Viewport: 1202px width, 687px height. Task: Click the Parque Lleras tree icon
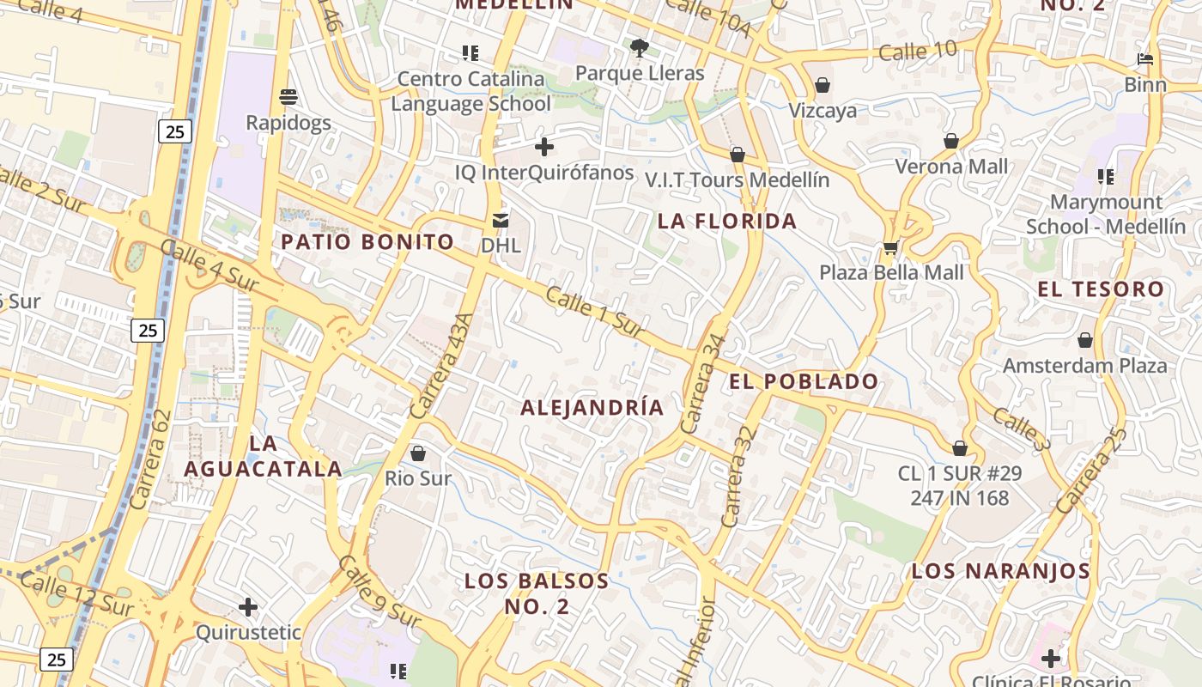(638, 47)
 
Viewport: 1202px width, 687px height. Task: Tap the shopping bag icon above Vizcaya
(823, 85)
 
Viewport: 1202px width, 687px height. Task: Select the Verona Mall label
(951, 166)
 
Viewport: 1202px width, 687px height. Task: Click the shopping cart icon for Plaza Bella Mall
(890, 248)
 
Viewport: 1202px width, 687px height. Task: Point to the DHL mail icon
(500, 221)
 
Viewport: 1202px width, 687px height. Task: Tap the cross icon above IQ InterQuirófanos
(543, 147)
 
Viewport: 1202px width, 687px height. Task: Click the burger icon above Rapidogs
(288, 96)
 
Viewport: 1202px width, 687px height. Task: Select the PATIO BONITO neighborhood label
(367, 241)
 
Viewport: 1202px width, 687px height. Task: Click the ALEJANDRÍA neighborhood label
(592, 407)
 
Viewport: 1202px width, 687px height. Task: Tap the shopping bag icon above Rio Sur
(418, 453)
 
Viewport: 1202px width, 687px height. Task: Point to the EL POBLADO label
(804, 381)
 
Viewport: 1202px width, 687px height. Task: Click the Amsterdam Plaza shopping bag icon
(1085, 340)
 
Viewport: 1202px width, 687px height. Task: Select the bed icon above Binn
(1145, 59)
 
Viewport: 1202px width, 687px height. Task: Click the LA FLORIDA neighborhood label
(727, 221)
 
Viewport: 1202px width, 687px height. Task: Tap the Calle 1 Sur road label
(595, 312)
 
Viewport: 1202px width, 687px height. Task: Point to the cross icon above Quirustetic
(248, 607)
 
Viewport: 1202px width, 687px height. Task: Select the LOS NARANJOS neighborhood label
(1000, 570)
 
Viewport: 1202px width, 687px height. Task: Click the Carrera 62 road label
(150, 459)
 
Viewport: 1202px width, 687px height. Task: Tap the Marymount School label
(1106, 215)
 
